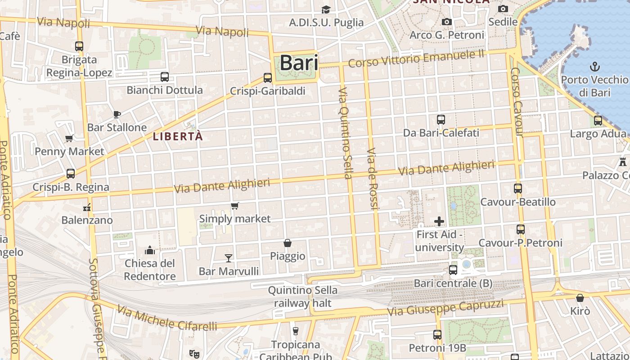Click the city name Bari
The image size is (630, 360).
point(299,63)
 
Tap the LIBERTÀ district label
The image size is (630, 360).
point(178,136)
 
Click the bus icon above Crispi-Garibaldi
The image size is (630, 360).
point(268,78)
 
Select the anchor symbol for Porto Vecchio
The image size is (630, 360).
point(595,67)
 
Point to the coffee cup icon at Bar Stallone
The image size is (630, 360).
point(117,114)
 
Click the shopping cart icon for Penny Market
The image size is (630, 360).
point(69,138)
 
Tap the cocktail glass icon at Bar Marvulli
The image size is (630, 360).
point(229,258)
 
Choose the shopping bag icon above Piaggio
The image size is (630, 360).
point(288,243)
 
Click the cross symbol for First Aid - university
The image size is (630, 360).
point(439,221)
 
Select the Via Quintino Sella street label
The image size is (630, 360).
point(345,133)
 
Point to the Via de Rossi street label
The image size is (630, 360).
point(373,178)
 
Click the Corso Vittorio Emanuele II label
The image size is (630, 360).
point(416,58)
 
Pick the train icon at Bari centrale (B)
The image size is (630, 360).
point(453,270)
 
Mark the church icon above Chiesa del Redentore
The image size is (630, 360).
point(150,250)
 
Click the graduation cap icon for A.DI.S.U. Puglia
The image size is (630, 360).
point(326,9)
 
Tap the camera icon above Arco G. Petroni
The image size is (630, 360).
point(446,22)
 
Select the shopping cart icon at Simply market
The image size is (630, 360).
point(234,206)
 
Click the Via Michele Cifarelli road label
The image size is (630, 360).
point(167,318)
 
